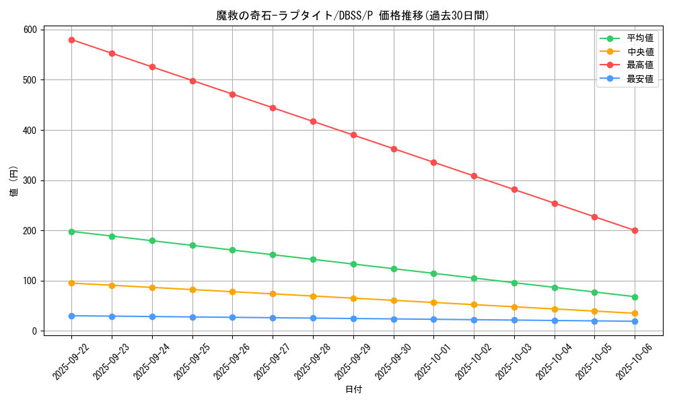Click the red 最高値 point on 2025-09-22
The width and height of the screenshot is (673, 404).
[71, 40]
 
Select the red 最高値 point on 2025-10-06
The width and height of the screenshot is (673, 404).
[635, 230]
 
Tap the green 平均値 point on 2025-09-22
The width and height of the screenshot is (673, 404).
[71, 232]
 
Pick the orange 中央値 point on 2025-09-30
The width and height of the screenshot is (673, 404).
[394, 300]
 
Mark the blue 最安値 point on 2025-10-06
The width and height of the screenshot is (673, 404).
[635, 321]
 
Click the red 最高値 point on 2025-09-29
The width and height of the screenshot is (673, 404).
[353, 135]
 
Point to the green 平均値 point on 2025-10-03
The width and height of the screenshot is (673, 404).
[514, 283]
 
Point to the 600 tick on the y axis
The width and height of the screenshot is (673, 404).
[30, 30]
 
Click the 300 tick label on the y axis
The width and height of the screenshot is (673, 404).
[30, 180]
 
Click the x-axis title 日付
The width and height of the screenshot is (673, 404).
[353, 390]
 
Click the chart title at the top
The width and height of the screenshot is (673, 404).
[353, 15]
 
